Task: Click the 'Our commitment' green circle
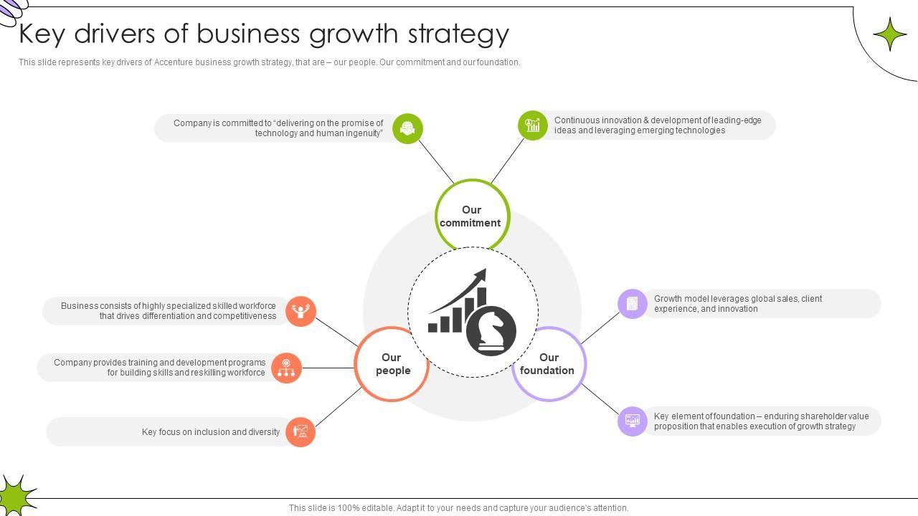point(472,216)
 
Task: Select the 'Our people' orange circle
point(392,364)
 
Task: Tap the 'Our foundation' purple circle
point(549,364)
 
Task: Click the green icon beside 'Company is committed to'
point(408,128)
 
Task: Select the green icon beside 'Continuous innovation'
point(533,125)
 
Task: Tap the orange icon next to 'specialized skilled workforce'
point(301,311)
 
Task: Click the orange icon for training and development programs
point(286,368)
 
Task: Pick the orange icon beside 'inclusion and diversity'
point(301,432)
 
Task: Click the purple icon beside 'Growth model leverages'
point(633,304)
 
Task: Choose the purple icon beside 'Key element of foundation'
point(633,421)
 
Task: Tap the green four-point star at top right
point(890,34)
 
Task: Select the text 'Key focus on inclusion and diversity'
point(211,432)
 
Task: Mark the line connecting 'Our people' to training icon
point(328,368)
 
